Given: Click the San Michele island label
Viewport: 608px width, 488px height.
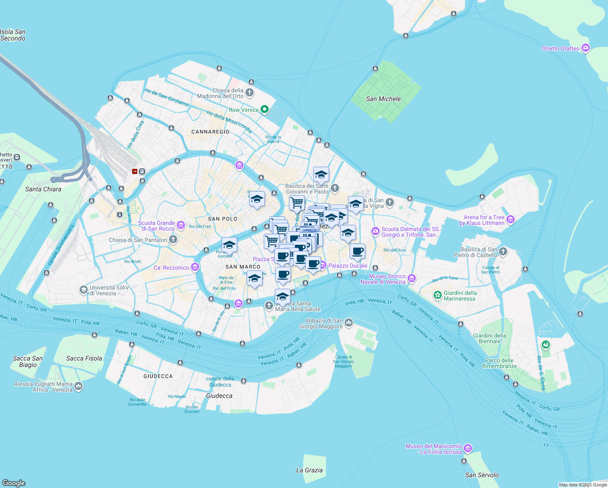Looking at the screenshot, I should [x=383, y=99].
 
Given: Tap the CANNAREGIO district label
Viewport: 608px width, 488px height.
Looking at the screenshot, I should [x=210, y=132].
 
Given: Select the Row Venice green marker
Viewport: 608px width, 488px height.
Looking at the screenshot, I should [x=265, y=109].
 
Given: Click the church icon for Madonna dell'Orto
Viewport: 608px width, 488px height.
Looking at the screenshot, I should [x=250, y=93].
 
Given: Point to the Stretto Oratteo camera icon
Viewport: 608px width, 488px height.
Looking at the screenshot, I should [x=585, y=48].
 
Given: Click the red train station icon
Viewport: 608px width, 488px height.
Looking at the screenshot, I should [x=135, y=171].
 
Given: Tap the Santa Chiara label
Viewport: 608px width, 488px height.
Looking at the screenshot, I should [x=43, y=189].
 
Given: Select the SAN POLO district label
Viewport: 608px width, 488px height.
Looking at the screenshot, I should [x=222, y=219].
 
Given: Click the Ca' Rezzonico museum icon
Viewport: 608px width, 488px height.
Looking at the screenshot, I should [x=195, y=267].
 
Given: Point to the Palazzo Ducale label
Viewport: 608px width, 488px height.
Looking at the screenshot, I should [x=347, y=266].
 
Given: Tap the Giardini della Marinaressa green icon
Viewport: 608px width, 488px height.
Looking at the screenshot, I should [x=438, y=295].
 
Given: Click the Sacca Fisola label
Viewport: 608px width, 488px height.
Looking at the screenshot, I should [x=84, y=358].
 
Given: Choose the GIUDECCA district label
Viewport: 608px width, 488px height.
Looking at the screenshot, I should [x=158, y=376].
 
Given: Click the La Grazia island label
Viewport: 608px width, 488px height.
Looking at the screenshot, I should [x=309, y=470].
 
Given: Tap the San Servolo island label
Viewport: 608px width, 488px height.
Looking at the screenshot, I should [x=482, y=475].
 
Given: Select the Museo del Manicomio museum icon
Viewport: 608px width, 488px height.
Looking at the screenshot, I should [x=468, y=449].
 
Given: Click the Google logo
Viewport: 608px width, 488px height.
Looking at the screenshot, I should [x=14, y=483].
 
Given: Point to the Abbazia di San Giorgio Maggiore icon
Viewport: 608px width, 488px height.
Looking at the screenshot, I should [x=349, y=323].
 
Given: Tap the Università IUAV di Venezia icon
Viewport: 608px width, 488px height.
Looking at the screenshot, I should [x=83, y=290].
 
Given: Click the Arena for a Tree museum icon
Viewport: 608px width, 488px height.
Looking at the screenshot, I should [x=510, y=220].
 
